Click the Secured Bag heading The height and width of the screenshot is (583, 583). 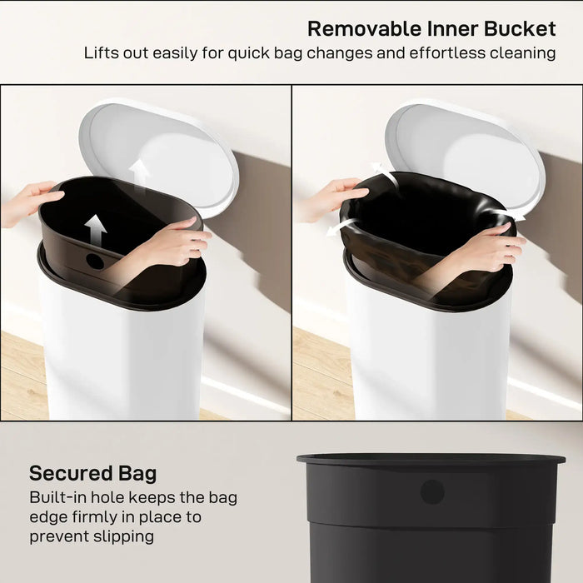92,474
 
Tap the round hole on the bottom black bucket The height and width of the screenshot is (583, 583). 431,491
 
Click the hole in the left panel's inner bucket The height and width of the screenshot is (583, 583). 96,261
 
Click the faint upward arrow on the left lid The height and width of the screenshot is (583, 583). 139,173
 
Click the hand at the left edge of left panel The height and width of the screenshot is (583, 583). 29,202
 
